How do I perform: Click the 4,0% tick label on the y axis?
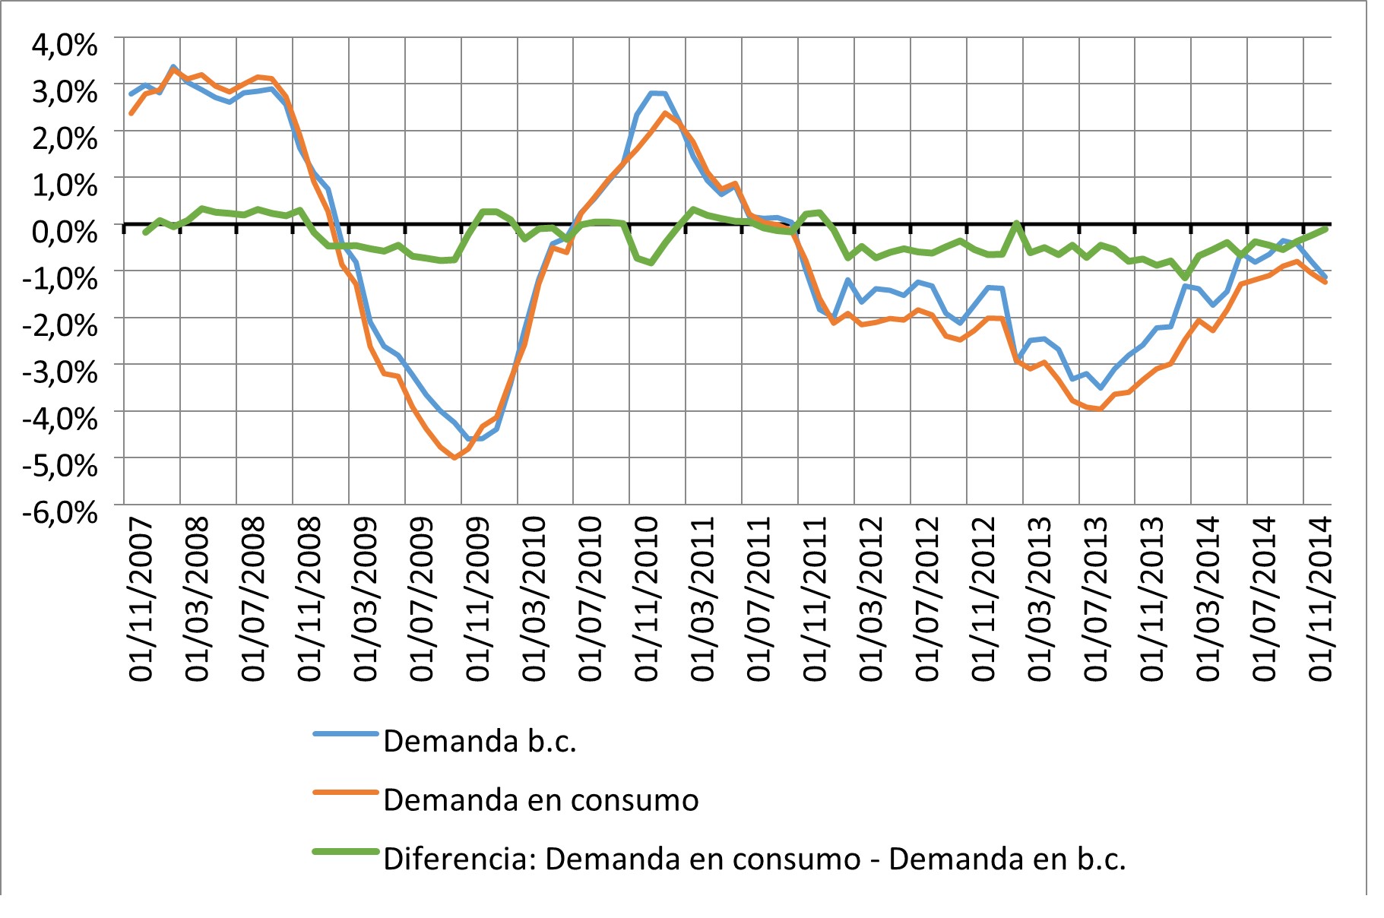click(x=65, y=46)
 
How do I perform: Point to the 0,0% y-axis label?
click(x=65, y=231)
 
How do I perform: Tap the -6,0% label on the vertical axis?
click(x=60, y=512)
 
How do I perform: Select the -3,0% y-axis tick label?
click(x=60, y=372)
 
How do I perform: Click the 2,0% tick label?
click(x=65, y=139)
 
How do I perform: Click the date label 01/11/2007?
click(x=141, y=600)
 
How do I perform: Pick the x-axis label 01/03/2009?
click(x=366, y=600)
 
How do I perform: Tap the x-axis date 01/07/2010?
click(x=591, y=600)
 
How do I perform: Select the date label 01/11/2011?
click(x=815, y=600)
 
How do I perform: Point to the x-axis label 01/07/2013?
click(x=1095, y=600)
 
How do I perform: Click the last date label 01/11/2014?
click(x=1320, y=600)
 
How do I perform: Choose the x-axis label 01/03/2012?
click(x=871, y=600)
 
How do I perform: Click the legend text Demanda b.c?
click(x=480, y=742)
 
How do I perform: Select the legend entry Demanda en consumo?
click(x=540, y=800)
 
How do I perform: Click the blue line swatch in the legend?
click(x=346, y=734)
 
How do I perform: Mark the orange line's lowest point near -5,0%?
click(x=454, y=457)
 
